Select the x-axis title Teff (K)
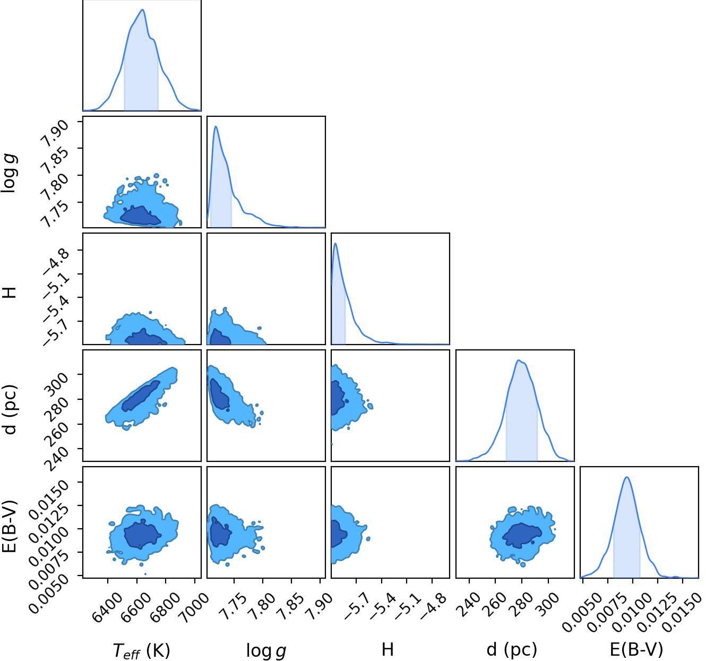coord(142,651)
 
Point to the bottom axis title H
coord(388,650)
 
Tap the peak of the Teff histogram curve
coord(143,10)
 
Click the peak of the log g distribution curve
coord(216,126)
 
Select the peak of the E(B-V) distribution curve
coord(627,477)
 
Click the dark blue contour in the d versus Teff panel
coord(141,396)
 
